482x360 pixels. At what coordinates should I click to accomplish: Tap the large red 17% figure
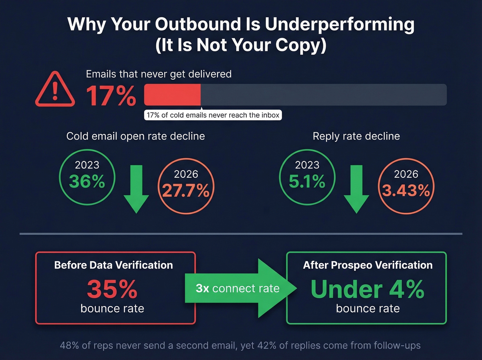[x=111, y=96]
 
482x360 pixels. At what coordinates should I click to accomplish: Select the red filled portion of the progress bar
[x=172, y=95]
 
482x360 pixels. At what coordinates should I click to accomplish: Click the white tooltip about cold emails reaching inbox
[x=213, y=115]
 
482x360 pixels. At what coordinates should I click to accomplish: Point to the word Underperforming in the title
[x=339, y=24]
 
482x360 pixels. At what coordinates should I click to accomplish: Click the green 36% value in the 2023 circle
[x=87, y=182]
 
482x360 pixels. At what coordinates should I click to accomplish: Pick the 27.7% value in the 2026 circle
[x=186, y=191]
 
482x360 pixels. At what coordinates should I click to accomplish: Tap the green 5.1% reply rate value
[x=307, y=182]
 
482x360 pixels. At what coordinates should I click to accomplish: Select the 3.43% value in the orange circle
[x=406, y=191]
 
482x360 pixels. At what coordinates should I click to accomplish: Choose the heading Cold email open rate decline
[x=135, y=136]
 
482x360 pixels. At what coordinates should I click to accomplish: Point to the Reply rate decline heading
[x=356, y=136]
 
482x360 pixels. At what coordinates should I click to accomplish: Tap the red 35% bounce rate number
[x=112, y=289]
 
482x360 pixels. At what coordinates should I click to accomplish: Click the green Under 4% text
[x=367, y=289]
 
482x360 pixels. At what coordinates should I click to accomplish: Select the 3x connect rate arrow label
[x=238, y=288]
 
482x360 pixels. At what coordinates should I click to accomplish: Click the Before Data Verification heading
[x=113, y=265]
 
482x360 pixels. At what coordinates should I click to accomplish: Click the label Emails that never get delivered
[x=158, y=74]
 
